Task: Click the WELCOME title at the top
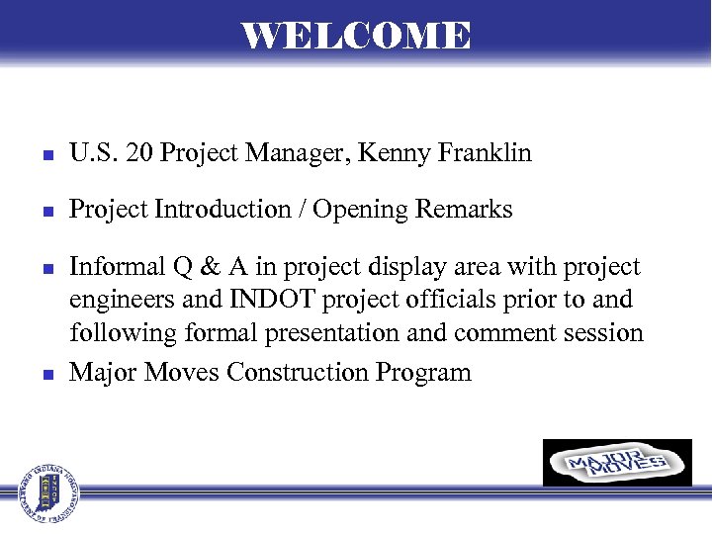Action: coord(356,36)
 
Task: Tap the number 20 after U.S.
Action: coord(137,153)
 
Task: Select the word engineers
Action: coord(122,300)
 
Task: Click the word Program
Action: coord(423,372)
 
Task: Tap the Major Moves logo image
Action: coord(617,463)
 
